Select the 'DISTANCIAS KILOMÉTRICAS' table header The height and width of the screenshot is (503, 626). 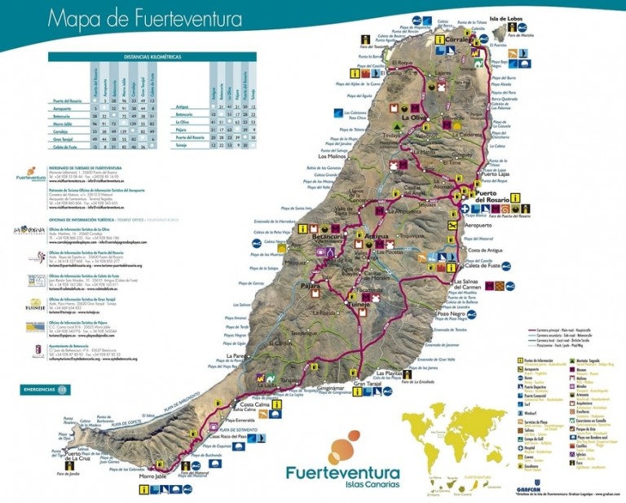[152, 57]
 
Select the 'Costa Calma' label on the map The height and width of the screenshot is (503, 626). [253, 404]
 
